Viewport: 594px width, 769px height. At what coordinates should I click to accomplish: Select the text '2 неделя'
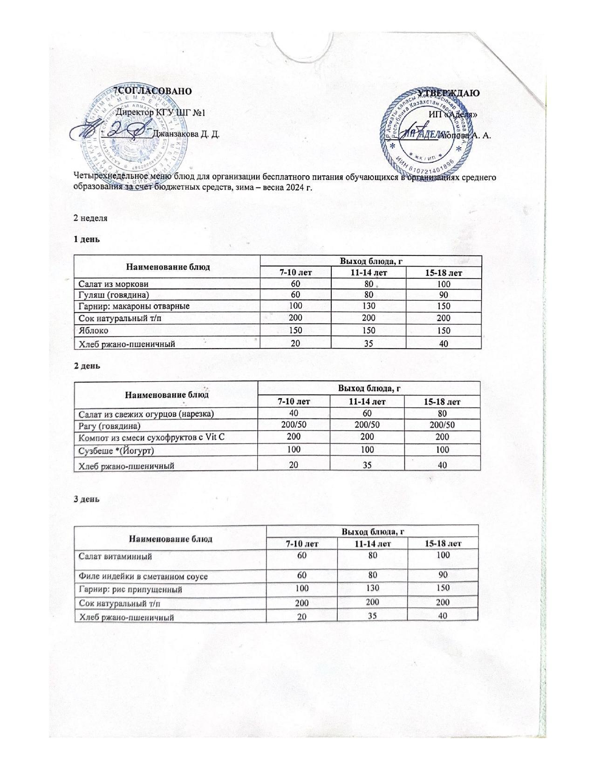click(x=90, y=218)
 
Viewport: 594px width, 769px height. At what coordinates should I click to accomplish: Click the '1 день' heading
click(x=87, y=239)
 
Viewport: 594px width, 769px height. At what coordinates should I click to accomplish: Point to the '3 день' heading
click(x=87, y=498)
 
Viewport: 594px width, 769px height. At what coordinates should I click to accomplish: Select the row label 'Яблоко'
click(x=93, y=330)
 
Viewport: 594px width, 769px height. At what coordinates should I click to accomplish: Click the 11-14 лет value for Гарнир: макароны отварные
click(x=369, y=306)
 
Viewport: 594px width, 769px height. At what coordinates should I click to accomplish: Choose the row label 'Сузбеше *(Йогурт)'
click(x=116, y=451)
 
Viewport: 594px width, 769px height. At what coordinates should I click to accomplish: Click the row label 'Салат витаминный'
click(x=115, y=556)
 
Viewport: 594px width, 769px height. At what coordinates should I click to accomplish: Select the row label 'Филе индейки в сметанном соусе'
click(x=143, y=577)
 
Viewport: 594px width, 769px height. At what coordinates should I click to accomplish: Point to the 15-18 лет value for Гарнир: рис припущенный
click(x=443, y=589)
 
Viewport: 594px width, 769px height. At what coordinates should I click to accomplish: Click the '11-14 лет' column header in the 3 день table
click(x=372, y=543)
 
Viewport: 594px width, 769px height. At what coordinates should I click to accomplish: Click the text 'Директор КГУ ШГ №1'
click(x=160, y=112)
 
